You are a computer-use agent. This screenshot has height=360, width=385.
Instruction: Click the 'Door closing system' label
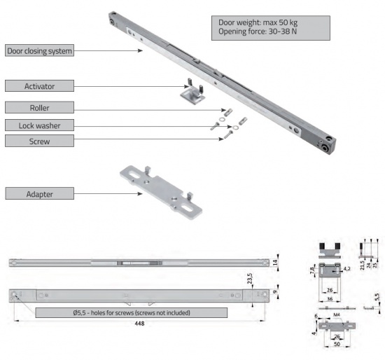click(x=38, y=51)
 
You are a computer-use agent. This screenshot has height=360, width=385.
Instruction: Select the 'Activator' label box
click(x=38, y=87)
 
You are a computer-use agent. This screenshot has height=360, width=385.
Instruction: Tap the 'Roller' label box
click(x=38, y=107)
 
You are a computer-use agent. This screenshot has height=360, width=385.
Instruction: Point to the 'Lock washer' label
click(x=38, y=125)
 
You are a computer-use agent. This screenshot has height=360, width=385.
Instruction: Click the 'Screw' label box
click(x=38, y=141)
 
